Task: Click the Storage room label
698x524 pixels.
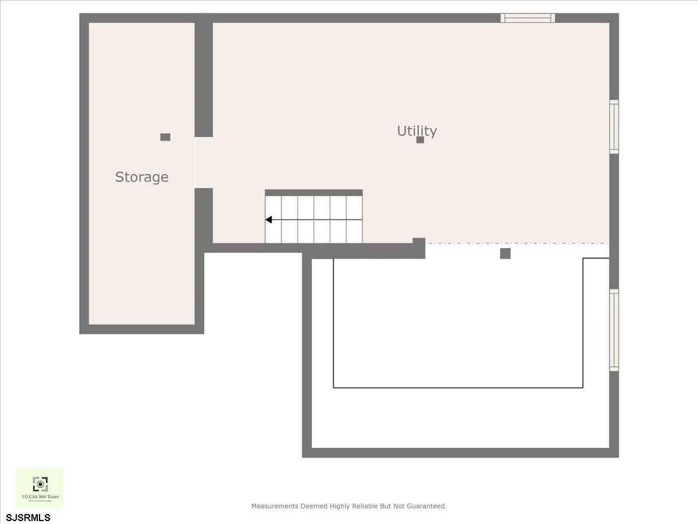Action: coord(141,177)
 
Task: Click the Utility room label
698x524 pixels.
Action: coord(416,130)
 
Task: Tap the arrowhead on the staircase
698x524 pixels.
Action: coord(269,219)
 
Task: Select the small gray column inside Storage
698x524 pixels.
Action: coord(165,137)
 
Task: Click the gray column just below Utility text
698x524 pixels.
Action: coord(420,140)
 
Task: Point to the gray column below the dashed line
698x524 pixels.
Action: coord(505,253)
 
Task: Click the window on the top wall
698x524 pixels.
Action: coord(528,18)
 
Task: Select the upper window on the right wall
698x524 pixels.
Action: coord(614,126)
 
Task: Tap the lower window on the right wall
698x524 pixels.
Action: coord(614,330)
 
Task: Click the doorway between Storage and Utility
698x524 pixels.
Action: coord(204,162)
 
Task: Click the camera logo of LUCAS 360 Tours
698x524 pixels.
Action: coord(40,484)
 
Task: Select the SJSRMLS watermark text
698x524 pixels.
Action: coord(28,517)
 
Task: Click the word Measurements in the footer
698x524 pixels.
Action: coord(275,507)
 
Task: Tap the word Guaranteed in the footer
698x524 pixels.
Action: coord(426,507)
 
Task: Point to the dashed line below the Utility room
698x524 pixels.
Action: coord(518,243)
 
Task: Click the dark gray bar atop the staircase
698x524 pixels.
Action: coord(314,193)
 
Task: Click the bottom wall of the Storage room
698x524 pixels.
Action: coord(141,329)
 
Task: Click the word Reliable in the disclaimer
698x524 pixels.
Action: coord(365,507)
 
